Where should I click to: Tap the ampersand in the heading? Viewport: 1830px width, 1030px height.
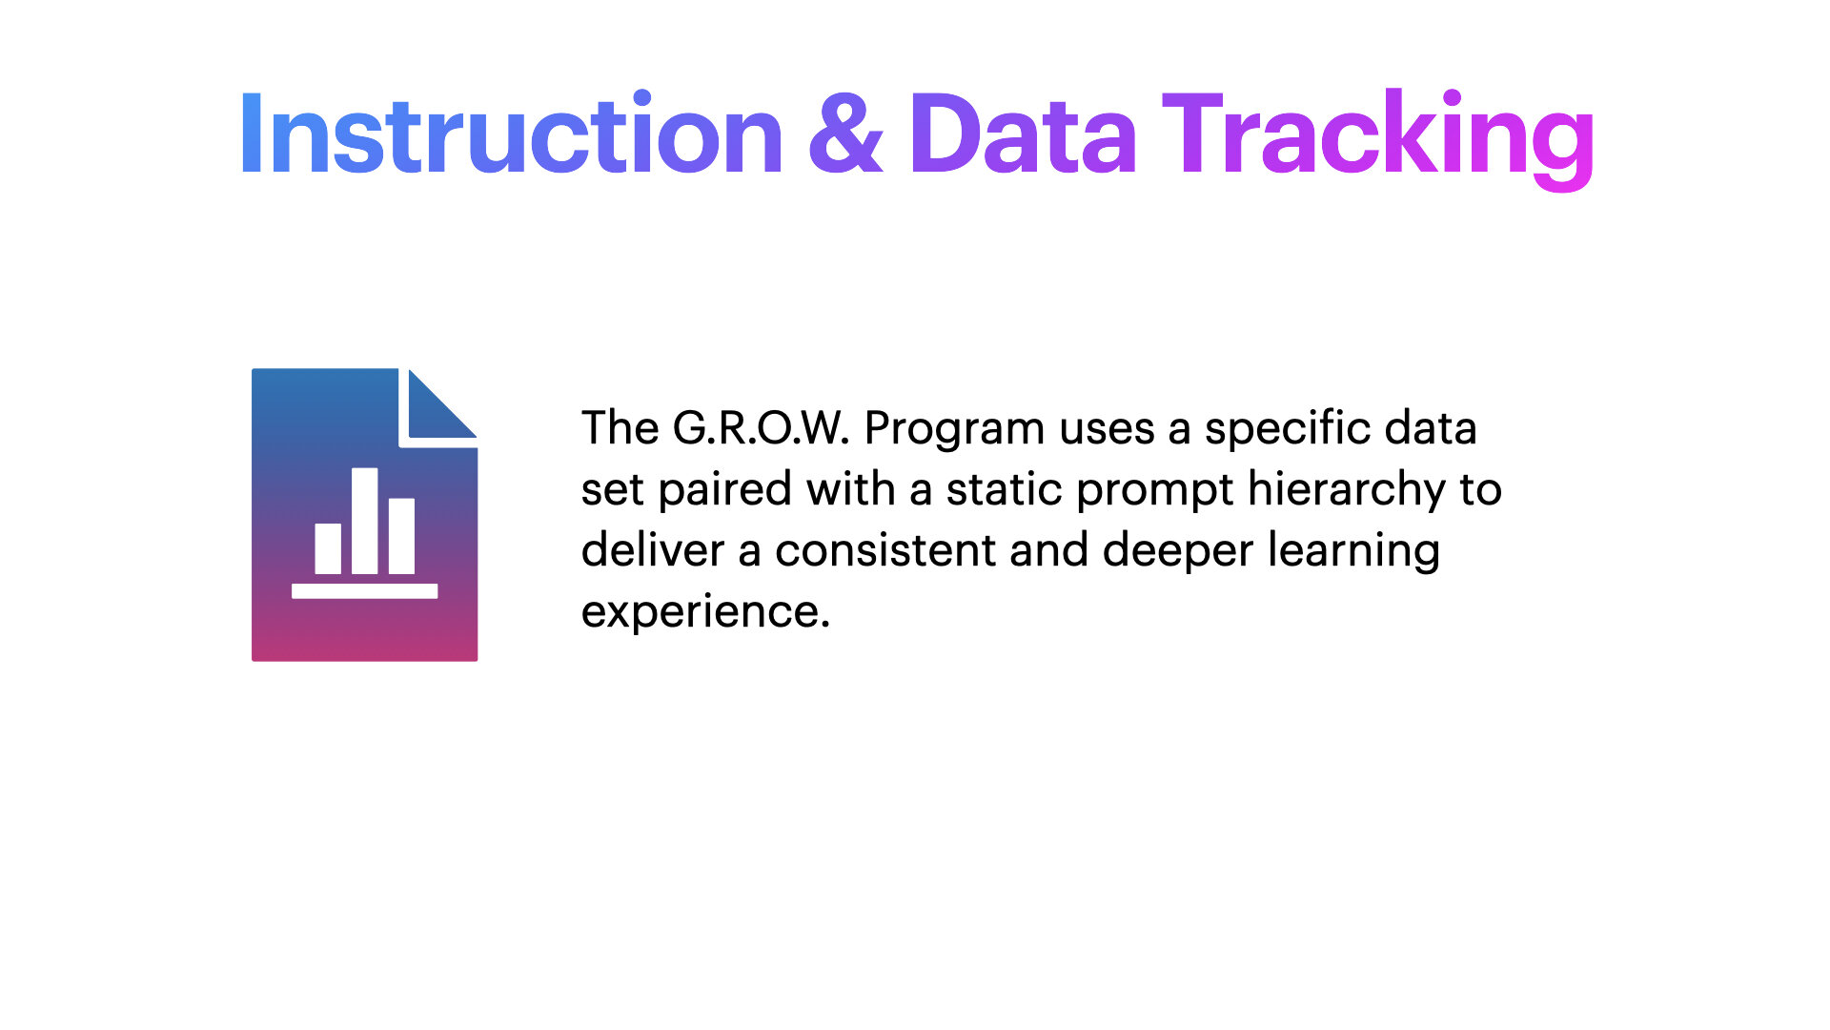[x=845, y=134]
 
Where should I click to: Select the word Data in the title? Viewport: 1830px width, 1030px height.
[x=1023, y=134]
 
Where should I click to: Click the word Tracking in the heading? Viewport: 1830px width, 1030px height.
[x=1378, y=139]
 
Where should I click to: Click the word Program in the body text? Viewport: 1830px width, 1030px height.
[x=955, y=431]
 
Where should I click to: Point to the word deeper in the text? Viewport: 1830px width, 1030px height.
[x=1178, y=553]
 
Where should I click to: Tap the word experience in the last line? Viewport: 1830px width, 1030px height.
[x=705, y=613]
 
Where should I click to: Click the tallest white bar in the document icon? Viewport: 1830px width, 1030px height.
[x=365, y=521]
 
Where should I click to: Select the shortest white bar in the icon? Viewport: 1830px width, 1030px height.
[x=328, y=548]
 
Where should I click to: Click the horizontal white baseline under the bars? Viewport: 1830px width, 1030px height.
[x=365, y=591]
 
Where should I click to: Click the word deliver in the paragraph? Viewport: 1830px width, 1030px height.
[x=653, y=550]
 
